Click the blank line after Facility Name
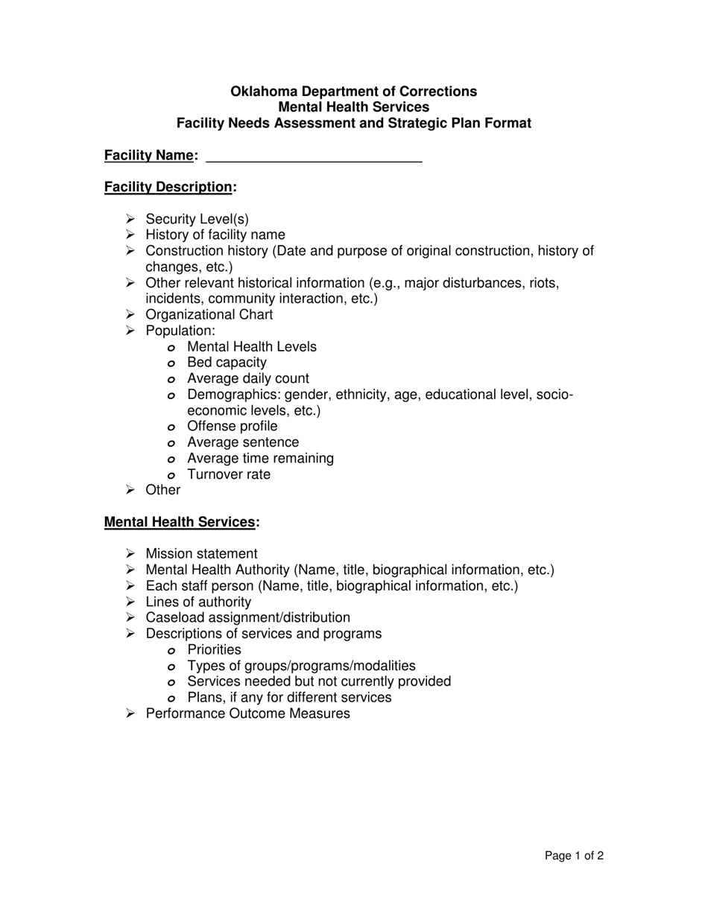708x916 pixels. pyautogui.click(x=313, y=156)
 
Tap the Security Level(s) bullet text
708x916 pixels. pyautogui.click(x=197, y=219)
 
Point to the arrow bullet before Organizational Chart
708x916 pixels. pyautogui.click(x=130, y=315)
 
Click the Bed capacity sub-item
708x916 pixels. pyautogui.click(x=227, y=363)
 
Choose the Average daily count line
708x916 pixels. pyautogui.click(x=247, y=378)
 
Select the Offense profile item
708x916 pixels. pyautogui.click(x=232, y=427)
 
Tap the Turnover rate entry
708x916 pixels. pyautogui.click(x=229, y=474)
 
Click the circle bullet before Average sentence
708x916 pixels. pyautogui.click(x=171, y=443)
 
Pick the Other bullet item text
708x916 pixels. pyautogui.click(x=162, y=490)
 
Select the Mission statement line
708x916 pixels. pyautogui.click(x=201, y=554)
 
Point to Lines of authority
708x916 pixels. pyautogui.click(x=198, y=602)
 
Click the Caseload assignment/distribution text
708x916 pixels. pyautogui.click(x=247, y=618)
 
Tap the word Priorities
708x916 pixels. pyautogui.click(x=214, y=650)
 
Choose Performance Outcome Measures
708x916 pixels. pyautogui.click(x=247, y=713)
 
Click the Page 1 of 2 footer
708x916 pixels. pyautogui.click(x=574, y=856)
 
